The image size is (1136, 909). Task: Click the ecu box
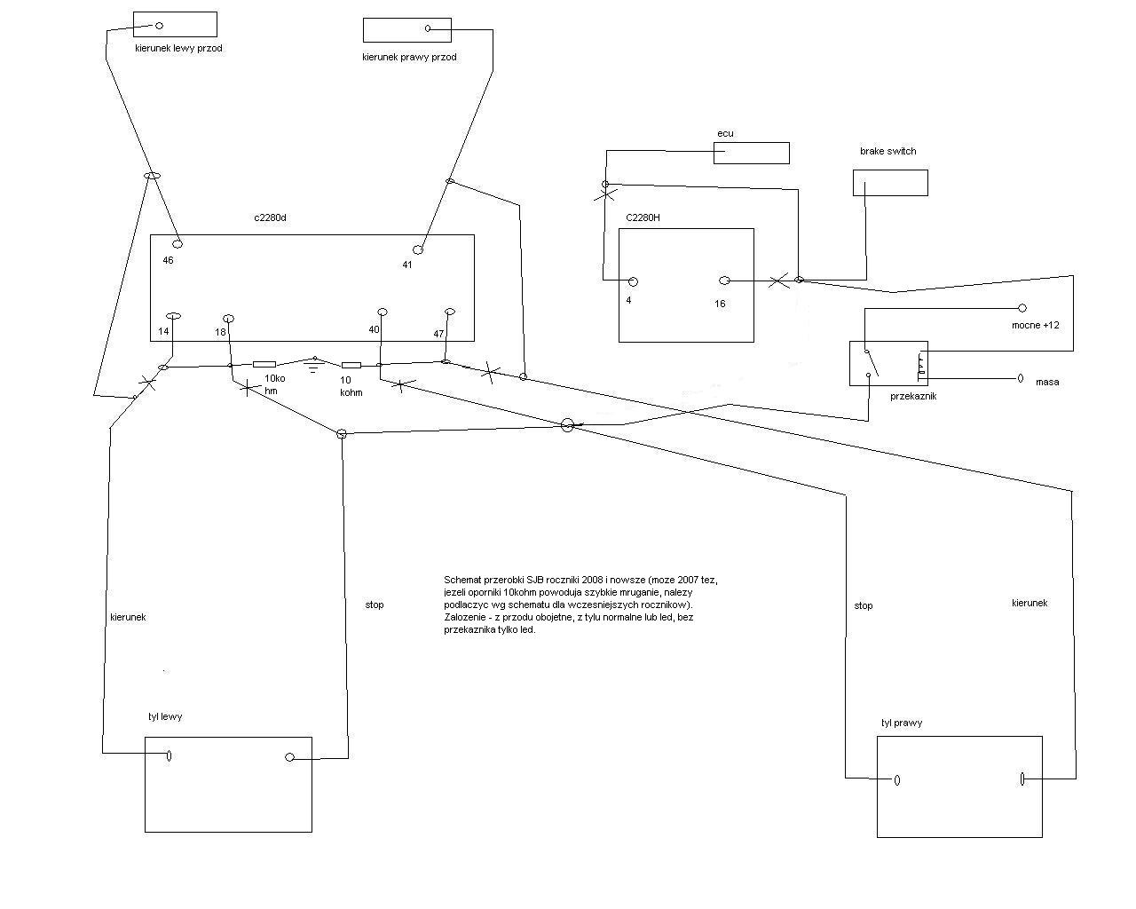click(751, 153)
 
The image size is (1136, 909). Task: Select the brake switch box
click(890, 183)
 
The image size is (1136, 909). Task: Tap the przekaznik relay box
click(888, 363)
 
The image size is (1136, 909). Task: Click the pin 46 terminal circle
click(177, 243)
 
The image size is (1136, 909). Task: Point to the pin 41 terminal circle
click(418, 249)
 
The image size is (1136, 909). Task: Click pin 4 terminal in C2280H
click(633, 281)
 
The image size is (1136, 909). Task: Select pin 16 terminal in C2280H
click(724, 281)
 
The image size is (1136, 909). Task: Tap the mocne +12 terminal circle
click(1022, 308)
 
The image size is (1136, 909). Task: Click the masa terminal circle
click(1021, 378)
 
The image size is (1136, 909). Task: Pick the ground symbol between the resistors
click(312, 364)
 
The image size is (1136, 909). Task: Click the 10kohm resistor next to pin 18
click(264, 364)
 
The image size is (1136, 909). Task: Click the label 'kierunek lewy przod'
click(178, 48)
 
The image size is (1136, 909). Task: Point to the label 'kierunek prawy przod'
click(409, 57)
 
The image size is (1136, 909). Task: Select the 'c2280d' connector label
click(270, 217)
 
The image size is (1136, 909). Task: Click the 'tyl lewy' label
click(165, 716)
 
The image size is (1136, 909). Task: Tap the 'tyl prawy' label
click(901, 723)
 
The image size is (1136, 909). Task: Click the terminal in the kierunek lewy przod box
click(160, 26)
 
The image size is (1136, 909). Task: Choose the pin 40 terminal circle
click(383, 312)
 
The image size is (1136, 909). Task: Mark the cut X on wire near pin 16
click(777, 281)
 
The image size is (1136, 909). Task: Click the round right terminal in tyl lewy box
click(289, 757)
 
